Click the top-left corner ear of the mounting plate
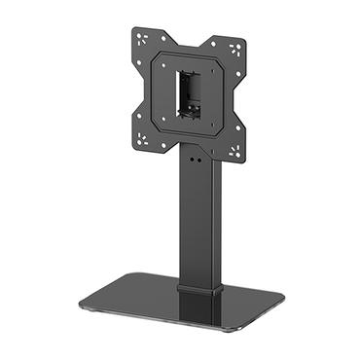(x=144, y=40)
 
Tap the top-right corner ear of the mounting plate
(x=234, y=45)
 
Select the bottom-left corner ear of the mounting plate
(x=145, y=137)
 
